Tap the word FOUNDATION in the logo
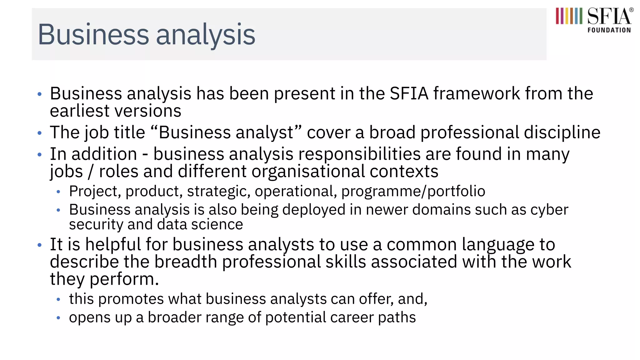coord(609,30)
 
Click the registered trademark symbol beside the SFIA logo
coord(632,10)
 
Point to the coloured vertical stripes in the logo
coord(569,16)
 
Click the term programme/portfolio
coord(413,191)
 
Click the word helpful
coord(113,244)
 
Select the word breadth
coord(186,262)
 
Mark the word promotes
coord(131,299)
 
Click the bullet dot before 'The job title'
coord(39,133)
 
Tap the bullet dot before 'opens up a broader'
coord(58,318)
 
